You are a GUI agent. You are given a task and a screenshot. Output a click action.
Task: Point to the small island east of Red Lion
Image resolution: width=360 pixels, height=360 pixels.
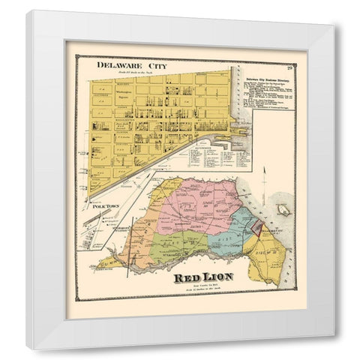(282, 211)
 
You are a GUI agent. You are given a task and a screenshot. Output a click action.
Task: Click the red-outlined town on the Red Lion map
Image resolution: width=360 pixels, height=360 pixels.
(256, 230)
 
